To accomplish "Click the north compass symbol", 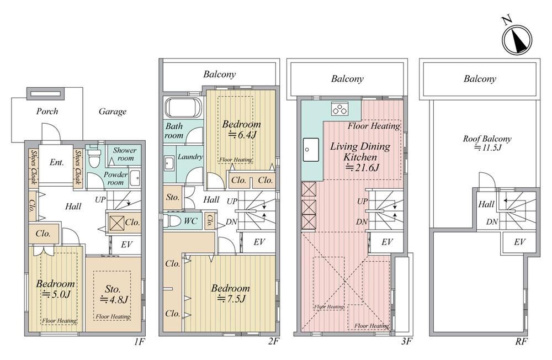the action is pos(517,40).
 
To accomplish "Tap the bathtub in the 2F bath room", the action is pos(184,108).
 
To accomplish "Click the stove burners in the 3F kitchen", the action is pos(339,109).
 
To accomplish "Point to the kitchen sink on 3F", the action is pos(311,150).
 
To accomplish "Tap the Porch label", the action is pos(47,112).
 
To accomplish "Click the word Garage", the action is pos(112,112).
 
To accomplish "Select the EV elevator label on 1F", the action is pos(126,244).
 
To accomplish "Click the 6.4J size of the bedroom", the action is pos(242,134).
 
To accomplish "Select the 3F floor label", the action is pos(407,341).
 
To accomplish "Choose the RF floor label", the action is pos(522,341).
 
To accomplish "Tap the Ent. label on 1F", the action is pos(57,162).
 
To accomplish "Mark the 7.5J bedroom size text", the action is pos(231,299).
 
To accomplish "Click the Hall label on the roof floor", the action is pos(486,204).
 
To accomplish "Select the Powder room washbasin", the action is pos(135,178).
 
